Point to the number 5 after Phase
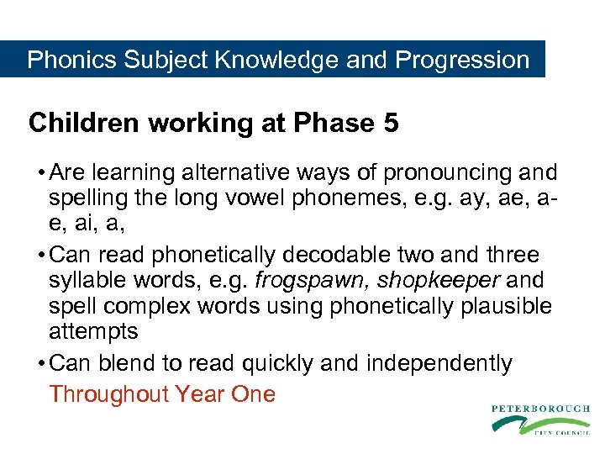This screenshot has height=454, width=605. coord(390,124)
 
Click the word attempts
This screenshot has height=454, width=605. coord(93,331)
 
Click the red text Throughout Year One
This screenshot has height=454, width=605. coord(162,394)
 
